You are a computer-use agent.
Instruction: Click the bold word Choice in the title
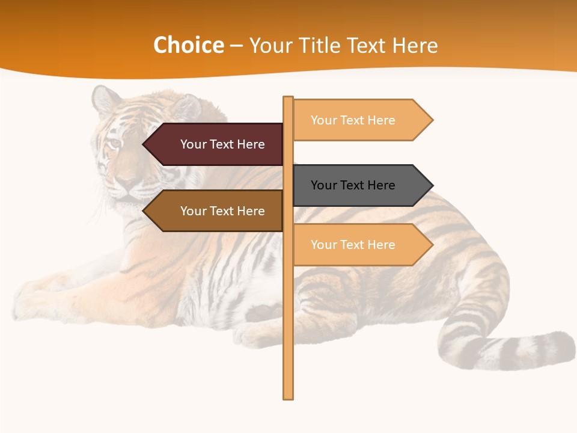coord(188,46)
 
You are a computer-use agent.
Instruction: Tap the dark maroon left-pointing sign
coord(216,144)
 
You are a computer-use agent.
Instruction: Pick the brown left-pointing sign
coord(216,211)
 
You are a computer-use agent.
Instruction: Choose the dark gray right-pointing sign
coord(361,185)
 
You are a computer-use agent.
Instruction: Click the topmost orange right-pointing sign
coord(361,120)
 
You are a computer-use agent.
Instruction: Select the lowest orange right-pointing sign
coord(361,245)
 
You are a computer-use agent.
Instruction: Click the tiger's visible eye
coord(114,143)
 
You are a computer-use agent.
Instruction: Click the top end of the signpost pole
coord(288,99)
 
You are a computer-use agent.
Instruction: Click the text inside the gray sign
coord(353,185)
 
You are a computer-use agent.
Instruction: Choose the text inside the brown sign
coord(222,211)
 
